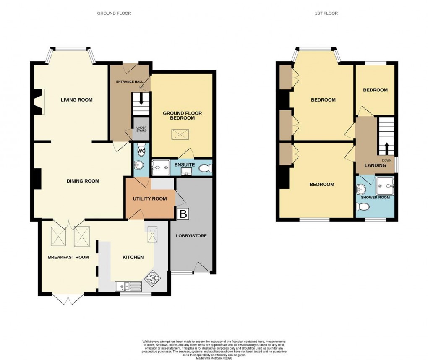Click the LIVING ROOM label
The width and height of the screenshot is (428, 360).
pos(76,100)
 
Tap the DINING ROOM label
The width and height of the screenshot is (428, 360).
pos(83,181)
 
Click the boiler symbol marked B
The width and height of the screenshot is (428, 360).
pos(183,214)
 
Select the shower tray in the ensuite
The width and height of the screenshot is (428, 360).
pos(159,167)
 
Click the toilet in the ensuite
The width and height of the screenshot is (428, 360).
pos(205,169)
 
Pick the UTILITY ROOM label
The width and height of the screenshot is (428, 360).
pos(150,199)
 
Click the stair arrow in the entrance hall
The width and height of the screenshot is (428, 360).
pos(141,100)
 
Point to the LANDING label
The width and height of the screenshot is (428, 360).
pos(375,165)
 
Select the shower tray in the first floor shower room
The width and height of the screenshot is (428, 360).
pos(385,183)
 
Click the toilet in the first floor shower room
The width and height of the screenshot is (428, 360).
pos(362,206)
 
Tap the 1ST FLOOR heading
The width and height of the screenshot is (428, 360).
pos(326,13)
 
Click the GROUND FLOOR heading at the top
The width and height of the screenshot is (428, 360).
pos(114,13)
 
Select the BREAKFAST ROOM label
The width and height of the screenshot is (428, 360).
pos(68,257)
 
